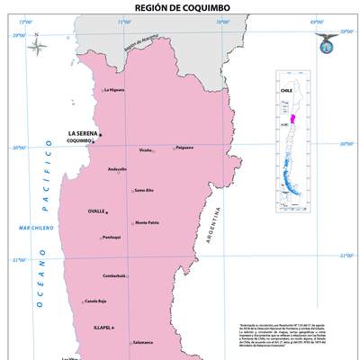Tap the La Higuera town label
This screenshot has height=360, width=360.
(x=114, y=90)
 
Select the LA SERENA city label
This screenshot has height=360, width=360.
(x=83, y=133)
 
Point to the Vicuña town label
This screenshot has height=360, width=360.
(x=146, y=150)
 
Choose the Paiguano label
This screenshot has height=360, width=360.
(x=184, y=148)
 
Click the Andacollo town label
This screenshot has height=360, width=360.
(x=117, y=169)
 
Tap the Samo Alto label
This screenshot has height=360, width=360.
(x=144, y=190)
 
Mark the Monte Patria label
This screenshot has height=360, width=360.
(x=147, y=222)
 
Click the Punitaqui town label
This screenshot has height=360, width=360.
(x=111, y=237)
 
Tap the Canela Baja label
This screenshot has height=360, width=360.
(x=95, y=301)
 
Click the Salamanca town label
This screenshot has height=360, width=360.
(x=142, y=342)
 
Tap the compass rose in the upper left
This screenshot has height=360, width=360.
(x=37, y=44)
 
